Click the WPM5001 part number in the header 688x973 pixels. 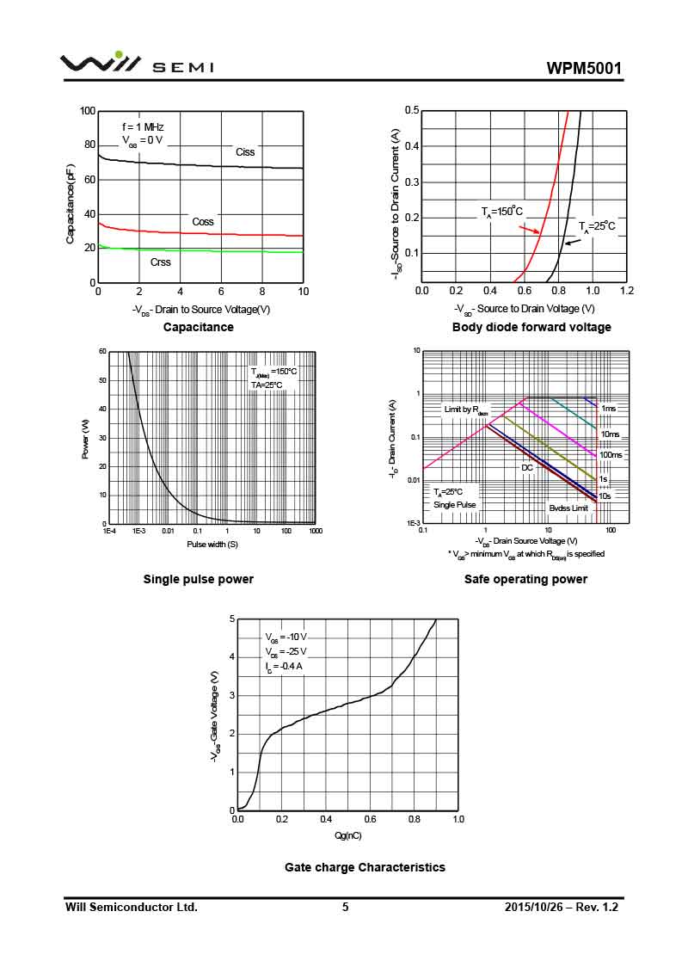[x=583, y=69]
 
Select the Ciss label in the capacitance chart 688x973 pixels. [x=245, y=152]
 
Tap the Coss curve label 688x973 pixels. [x=203, y=222]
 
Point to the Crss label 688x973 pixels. [x=161, y=262]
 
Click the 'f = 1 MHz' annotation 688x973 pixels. [x=143, y=126]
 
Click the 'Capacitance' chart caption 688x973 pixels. [x=198, y=328]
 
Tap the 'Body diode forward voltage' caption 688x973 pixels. [x=531, y=328]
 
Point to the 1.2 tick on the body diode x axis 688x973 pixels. [x=626, y=291]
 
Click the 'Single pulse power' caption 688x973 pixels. [x=198, y=580]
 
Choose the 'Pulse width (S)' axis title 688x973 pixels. [x=212, y=545]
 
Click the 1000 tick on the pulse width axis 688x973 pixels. [x=315, y=532]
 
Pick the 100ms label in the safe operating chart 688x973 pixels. [x=611, y=455]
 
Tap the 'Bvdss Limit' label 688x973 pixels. [x=568, y=508]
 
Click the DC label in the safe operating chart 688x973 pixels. [x=527, y=468]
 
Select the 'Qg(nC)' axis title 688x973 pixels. [x=347, y=835]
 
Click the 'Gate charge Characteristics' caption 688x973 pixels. [x=365, y=868]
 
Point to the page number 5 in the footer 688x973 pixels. [x=345, y=908]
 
